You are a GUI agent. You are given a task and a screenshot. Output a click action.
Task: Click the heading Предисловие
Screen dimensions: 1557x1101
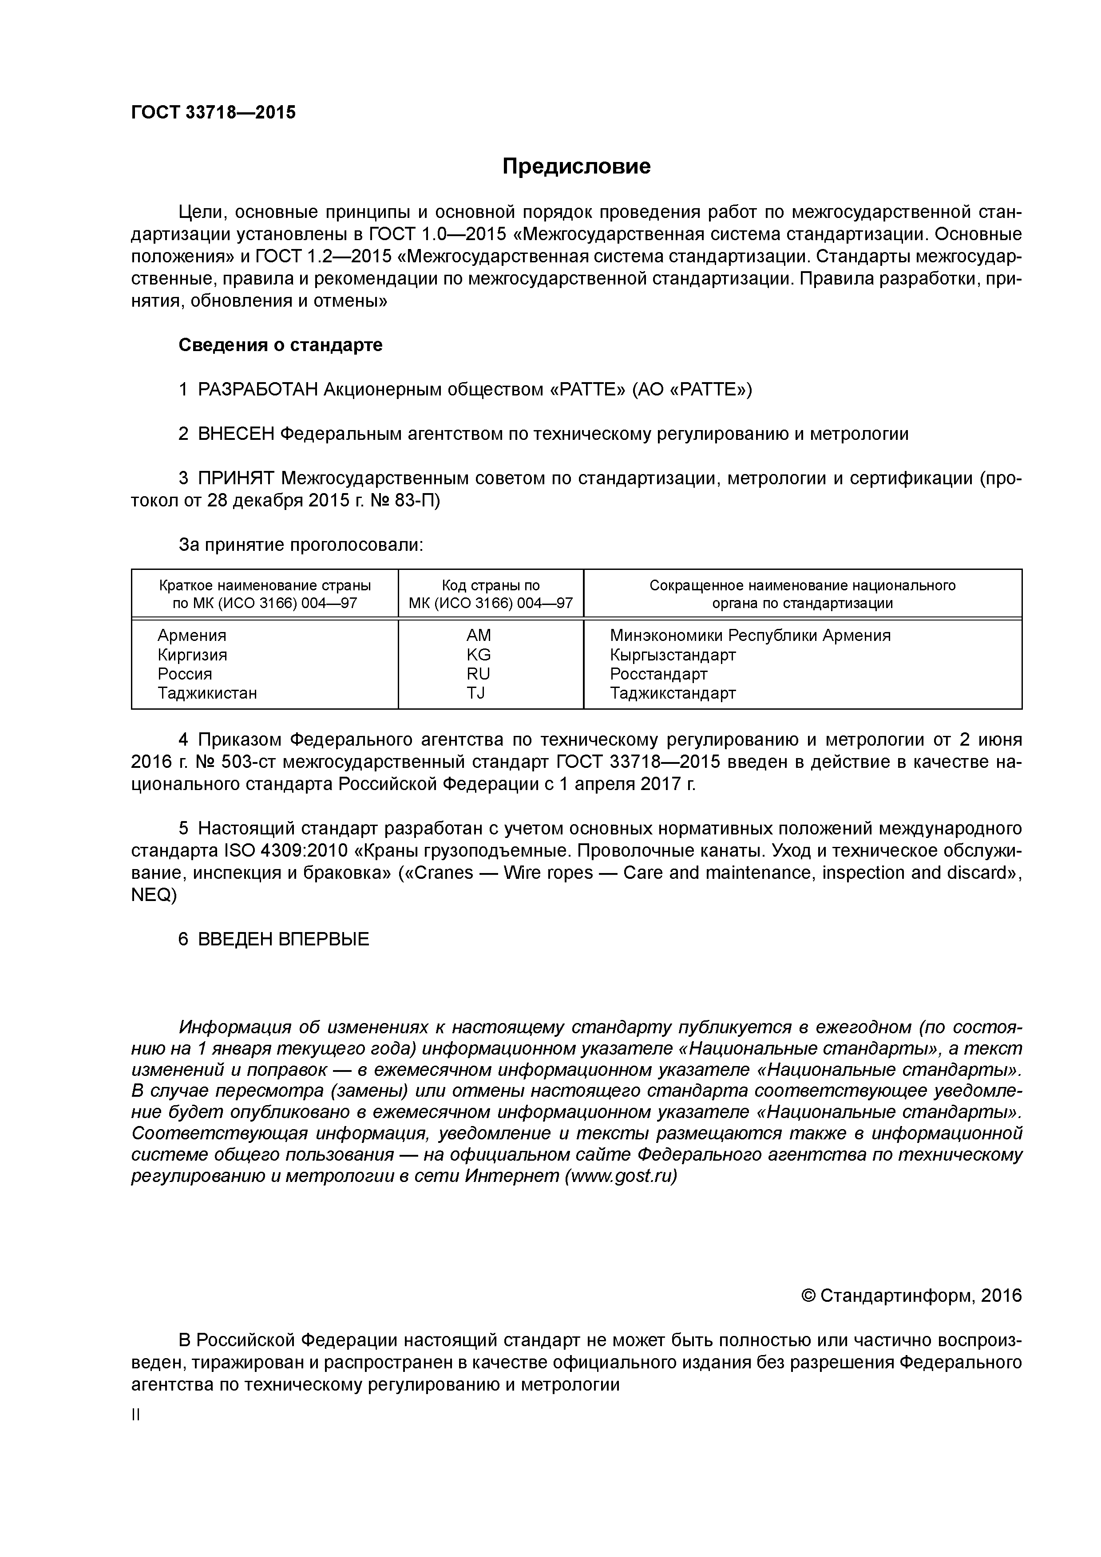(576, 166)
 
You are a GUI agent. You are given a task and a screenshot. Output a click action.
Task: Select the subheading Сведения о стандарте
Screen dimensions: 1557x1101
(280, 345)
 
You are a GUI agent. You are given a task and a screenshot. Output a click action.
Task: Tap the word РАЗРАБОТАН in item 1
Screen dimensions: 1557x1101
(258, 390)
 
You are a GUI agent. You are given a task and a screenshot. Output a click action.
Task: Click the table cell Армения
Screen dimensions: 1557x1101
(192, 636)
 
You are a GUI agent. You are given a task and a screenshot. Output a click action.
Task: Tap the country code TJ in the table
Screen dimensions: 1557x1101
(476, 693)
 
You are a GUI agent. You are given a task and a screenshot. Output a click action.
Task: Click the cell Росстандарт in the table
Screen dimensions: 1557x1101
(658, 674)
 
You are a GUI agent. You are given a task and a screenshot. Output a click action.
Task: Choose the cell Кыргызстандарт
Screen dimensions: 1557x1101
(672, 654)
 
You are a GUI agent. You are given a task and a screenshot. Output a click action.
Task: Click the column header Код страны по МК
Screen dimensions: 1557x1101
(491, 594)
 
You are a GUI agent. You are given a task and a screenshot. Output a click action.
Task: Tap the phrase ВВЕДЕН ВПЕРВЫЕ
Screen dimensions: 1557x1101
(284, 939)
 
